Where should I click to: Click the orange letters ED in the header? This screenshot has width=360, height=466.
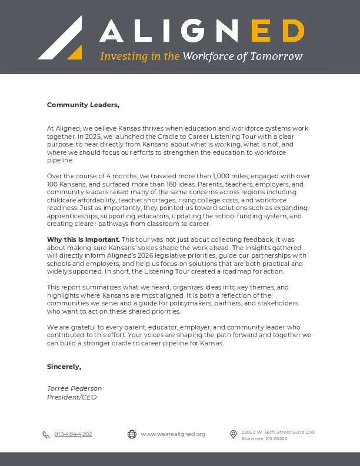click(278, 31)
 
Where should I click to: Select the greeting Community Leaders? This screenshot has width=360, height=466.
click(83, 105)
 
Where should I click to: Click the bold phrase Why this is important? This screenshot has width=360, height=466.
click(83, 239)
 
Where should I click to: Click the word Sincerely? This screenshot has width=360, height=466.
click(64, 367)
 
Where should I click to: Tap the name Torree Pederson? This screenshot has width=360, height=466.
click(74, 388)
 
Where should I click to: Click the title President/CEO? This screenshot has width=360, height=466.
click(72, 397)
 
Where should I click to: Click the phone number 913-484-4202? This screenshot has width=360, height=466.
click(73, 434)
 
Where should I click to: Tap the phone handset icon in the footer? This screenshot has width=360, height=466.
click(46, 435)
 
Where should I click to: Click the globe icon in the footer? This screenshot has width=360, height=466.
click(132, 434)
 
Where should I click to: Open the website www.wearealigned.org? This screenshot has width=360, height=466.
click(173, 434)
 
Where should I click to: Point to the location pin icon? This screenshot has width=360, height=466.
click(233, 434)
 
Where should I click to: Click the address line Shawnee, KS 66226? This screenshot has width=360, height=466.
click(264, 438)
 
